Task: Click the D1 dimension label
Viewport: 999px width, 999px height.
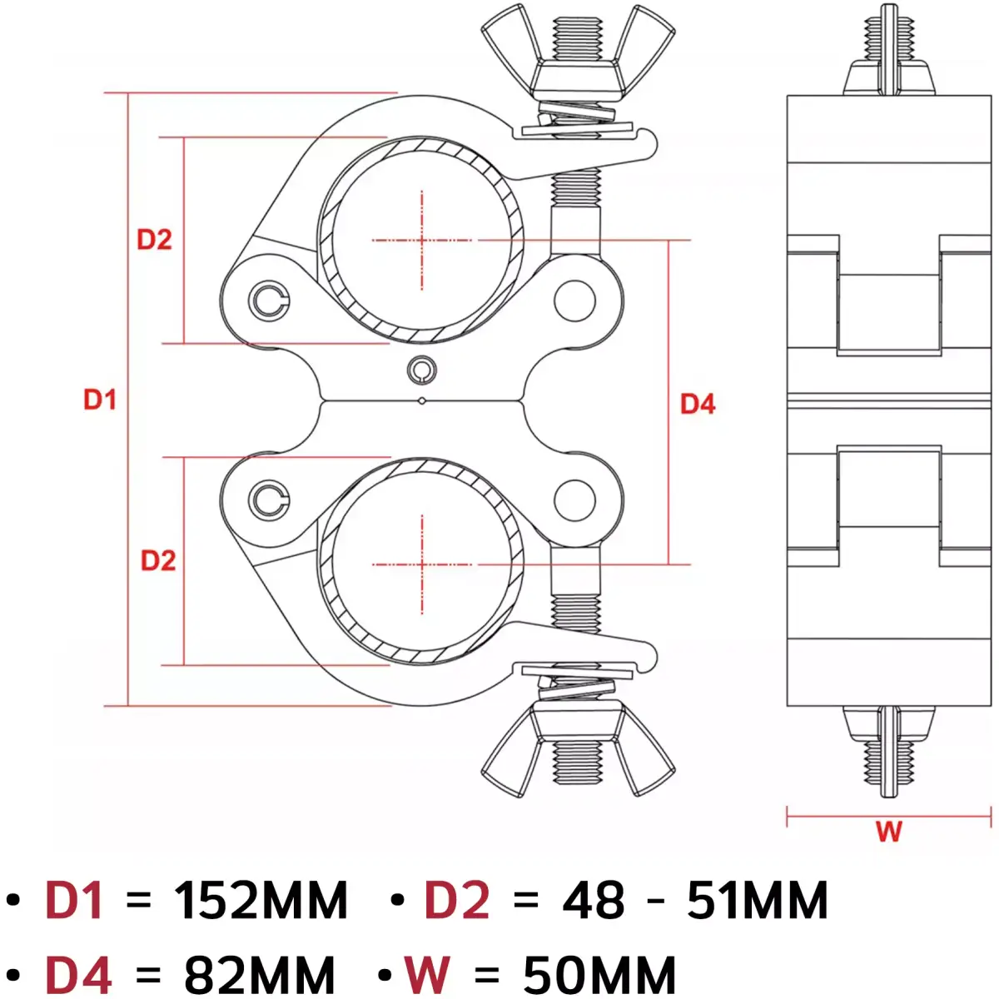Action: click(x=100, y=400)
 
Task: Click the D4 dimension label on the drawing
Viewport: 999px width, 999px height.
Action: click(x=698, y=404)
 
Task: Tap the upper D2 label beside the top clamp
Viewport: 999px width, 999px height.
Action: click(x=154, y=240)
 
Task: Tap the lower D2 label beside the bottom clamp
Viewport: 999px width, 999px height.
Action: click(x=158, y=560)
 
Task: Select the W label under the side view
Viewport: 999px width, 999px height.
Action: click(x=888, y=831)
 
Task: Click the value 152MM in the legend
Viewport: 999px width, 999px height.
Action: click(x=261, y=901)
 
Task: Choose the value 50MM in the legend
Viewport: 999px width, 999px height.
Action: click(x=599, y=974)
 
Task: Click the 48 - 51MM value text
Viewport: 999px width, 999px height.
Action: click(x=695, y=901)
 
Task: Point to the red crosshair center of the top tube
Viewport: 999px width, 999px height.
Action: click(x=422, y=241)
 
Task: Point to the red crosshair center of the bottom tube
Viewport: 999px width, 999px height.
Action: click(x=422, y=564)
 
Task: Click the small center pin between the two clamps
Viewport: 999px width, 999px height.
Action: click(x=422, y=369)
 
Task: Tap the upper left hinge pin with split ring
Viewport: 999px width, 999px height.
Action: click(x=269, y=300)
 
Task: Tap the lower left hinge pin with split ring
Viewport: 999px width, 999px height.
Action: click(x=269, y=499)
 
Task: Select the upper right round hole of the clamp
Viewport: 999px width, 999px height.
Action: click(x=574, y=301)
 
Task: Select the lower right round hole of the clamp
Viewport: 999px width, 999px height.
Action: click(x=574, y=499)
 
